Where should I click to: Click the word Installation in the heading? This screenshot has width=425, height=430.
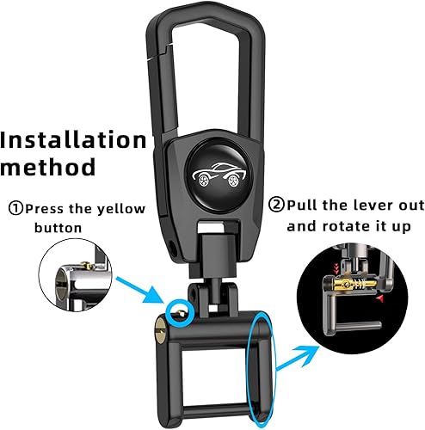(x=74, y=139)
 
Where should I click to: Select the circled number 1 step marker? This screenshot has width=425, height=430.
(x=15, y=209)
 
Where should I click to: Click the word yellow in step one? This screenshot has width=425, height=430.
(x=121, y=209)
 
